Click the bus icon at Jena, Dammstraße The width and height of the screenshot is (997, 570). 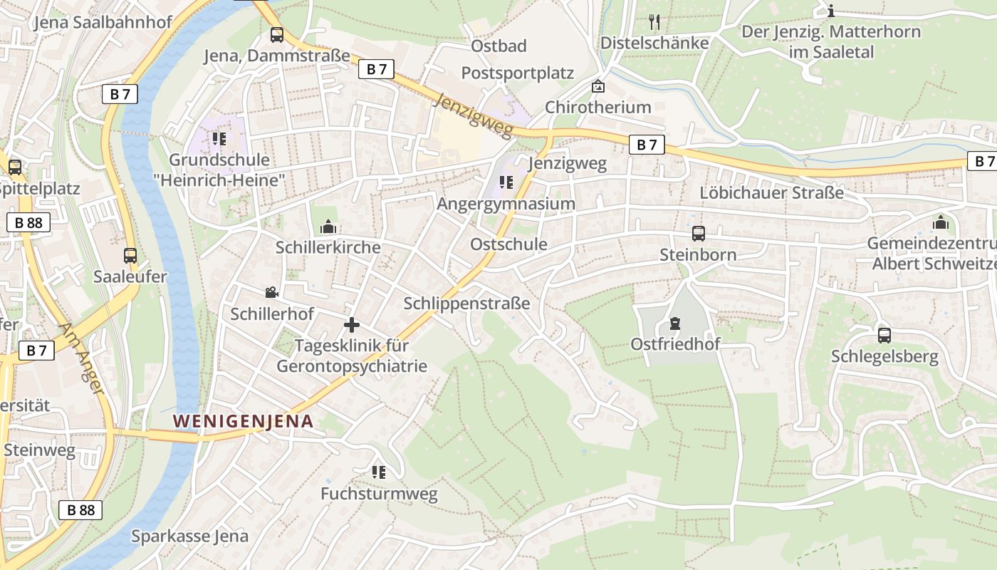pos(277,35)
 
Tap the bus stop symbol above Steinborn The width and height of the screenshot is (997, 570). pos(698,234)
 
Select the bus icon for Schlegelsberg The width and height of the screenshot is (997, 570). pos(884,336)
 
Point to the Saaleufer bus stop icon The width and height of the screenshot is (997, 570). pos(130,256)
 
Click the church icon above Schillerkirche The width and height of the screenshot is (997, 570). pos(328,227)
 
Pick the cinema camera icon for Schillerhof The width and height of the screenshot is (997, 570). pos(271,292)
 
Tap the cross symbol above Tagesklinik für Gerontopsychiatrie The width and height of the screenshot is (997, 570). pos(352,325)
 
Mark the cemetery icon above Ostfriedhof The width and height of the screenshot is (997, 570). pos(674,323)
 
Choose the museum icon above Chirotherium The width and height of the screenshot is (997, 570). pos(598,86)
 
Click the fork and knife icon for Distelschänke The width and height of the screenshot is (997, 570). pos(654,22)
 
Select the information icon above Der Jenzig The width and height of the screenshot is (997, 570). pos(831,11)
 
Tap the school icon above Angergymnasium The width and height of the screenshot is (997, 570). pos(506,182)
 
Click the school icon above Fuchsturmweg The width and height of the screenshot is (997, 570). pos(378,472)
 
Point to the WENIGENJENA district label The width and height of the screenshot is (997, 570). pos(244,421)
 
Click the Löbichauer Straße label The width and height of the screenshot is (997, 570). pos(771,192)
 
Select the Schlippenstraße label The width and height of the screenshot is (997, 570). pos(466,303)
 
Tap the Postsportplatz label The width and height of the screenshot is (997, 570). pos(517,73)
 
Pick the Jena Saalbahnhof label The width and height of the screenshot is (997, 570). pos(103,22)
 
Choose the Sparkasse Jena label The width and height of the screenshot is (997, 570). pos(189,536)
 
